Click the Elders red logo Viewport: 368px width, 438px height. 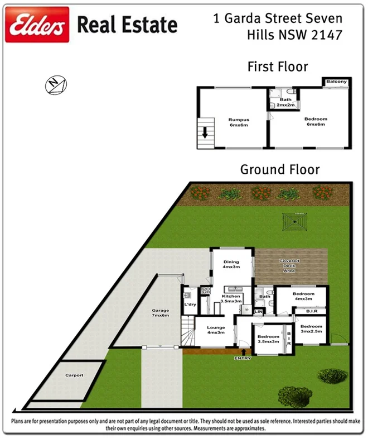[x=37, y=25]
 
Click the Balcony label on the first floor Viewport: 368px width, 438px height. [x=336, y=82]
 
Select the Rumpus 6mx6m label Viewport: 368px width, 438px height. [x=238, y=122]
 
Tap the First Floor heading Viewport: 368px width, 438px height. [x=278, y=67]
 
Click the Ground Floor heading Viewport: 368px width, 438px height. [x=280, y=169]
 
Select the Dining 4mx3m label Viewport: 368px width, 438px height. [x=231, y=264]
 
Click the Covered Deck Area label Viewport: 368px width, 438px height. [x=289, y=265]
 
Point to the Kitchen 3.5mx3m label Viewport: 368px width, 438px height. [x=231, y=298]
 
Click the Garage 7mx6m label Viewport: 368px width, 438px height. [x=161, y=313]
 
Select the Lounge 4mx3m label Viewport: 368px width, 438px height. [x=216, y=330]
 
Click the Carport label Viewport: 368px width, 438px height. [x=74, y=375]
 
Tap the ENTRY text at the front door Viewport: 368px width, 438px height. [x=243, y=358]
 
